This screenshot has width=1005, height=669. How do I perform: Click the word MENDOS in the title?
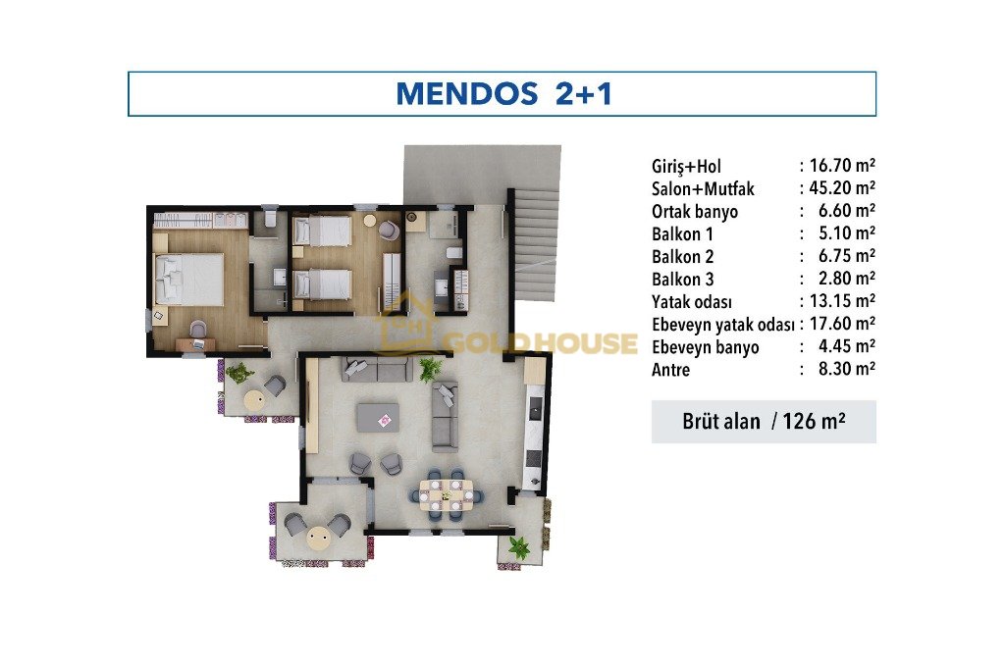(466, 93)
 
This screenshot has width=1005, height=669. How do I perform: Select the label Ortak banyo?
(695, 212)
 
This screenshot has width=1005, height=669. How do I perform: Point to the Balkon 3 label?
(683, 280)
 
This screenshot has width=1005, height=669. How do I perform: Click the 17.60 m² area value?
(843, 323)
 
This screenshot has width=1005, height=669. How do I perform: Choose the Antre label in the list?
(670, 370)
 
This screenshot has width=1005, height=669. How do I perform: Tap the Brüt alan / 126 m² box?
(764, 422)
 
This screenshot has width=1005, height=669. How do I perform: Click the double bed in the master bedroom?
(189, 279)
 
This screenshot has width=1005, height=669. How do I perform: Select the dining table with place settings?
(447, 494)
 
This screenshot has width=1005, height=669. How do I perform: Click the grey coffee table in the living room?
(378, 417)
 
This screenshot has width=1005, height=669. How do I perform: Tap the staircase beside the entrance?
(536, 245)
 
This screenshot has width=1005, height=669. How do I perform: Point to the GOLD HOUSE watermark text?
(542, 343)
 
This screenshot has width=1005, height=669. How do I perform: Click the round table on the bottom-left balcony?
(318, 537)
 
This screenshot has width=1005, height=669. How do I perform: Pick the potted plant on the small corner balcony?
(518, 547)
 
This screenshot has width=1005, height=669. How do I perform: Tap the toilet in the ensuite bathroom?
(270, 219)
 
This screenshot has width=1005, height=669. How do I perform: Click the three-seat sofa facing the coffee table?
(376, 370)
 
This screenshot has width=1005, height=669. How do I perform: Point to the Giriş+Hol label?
(686, 167)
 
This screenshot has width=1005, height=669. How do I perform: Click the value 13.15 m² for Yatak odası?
(843, 300)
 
